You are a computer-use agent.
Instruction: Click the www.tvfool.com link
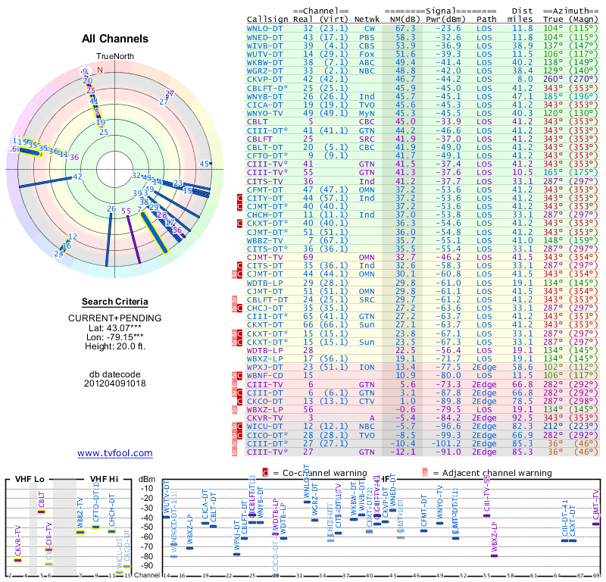click(x=115, y=453)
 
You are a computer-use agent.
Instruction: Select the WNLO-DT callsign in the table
click(x=265, y=27)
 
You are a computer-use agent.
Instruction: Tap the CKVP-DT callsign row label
click(x=265, y=78)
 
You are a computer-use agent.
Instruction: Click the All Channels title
click(x=115, y=39)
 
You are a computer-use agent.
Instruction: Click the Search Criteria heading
click(x=115, y=302)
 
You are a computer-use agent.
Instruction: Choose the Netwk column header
click(x=367, y=19)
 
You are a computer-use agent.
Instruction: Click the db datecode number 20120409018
click(x=115, y=383)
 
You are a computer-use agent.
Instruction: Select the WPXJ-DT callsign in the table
click(x=265, y=366)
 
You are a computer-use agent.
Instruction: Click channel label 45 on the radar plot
click(x=204, y=164)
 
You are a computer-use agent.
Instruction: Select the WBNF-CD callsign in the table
click(x=265, y=374)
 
